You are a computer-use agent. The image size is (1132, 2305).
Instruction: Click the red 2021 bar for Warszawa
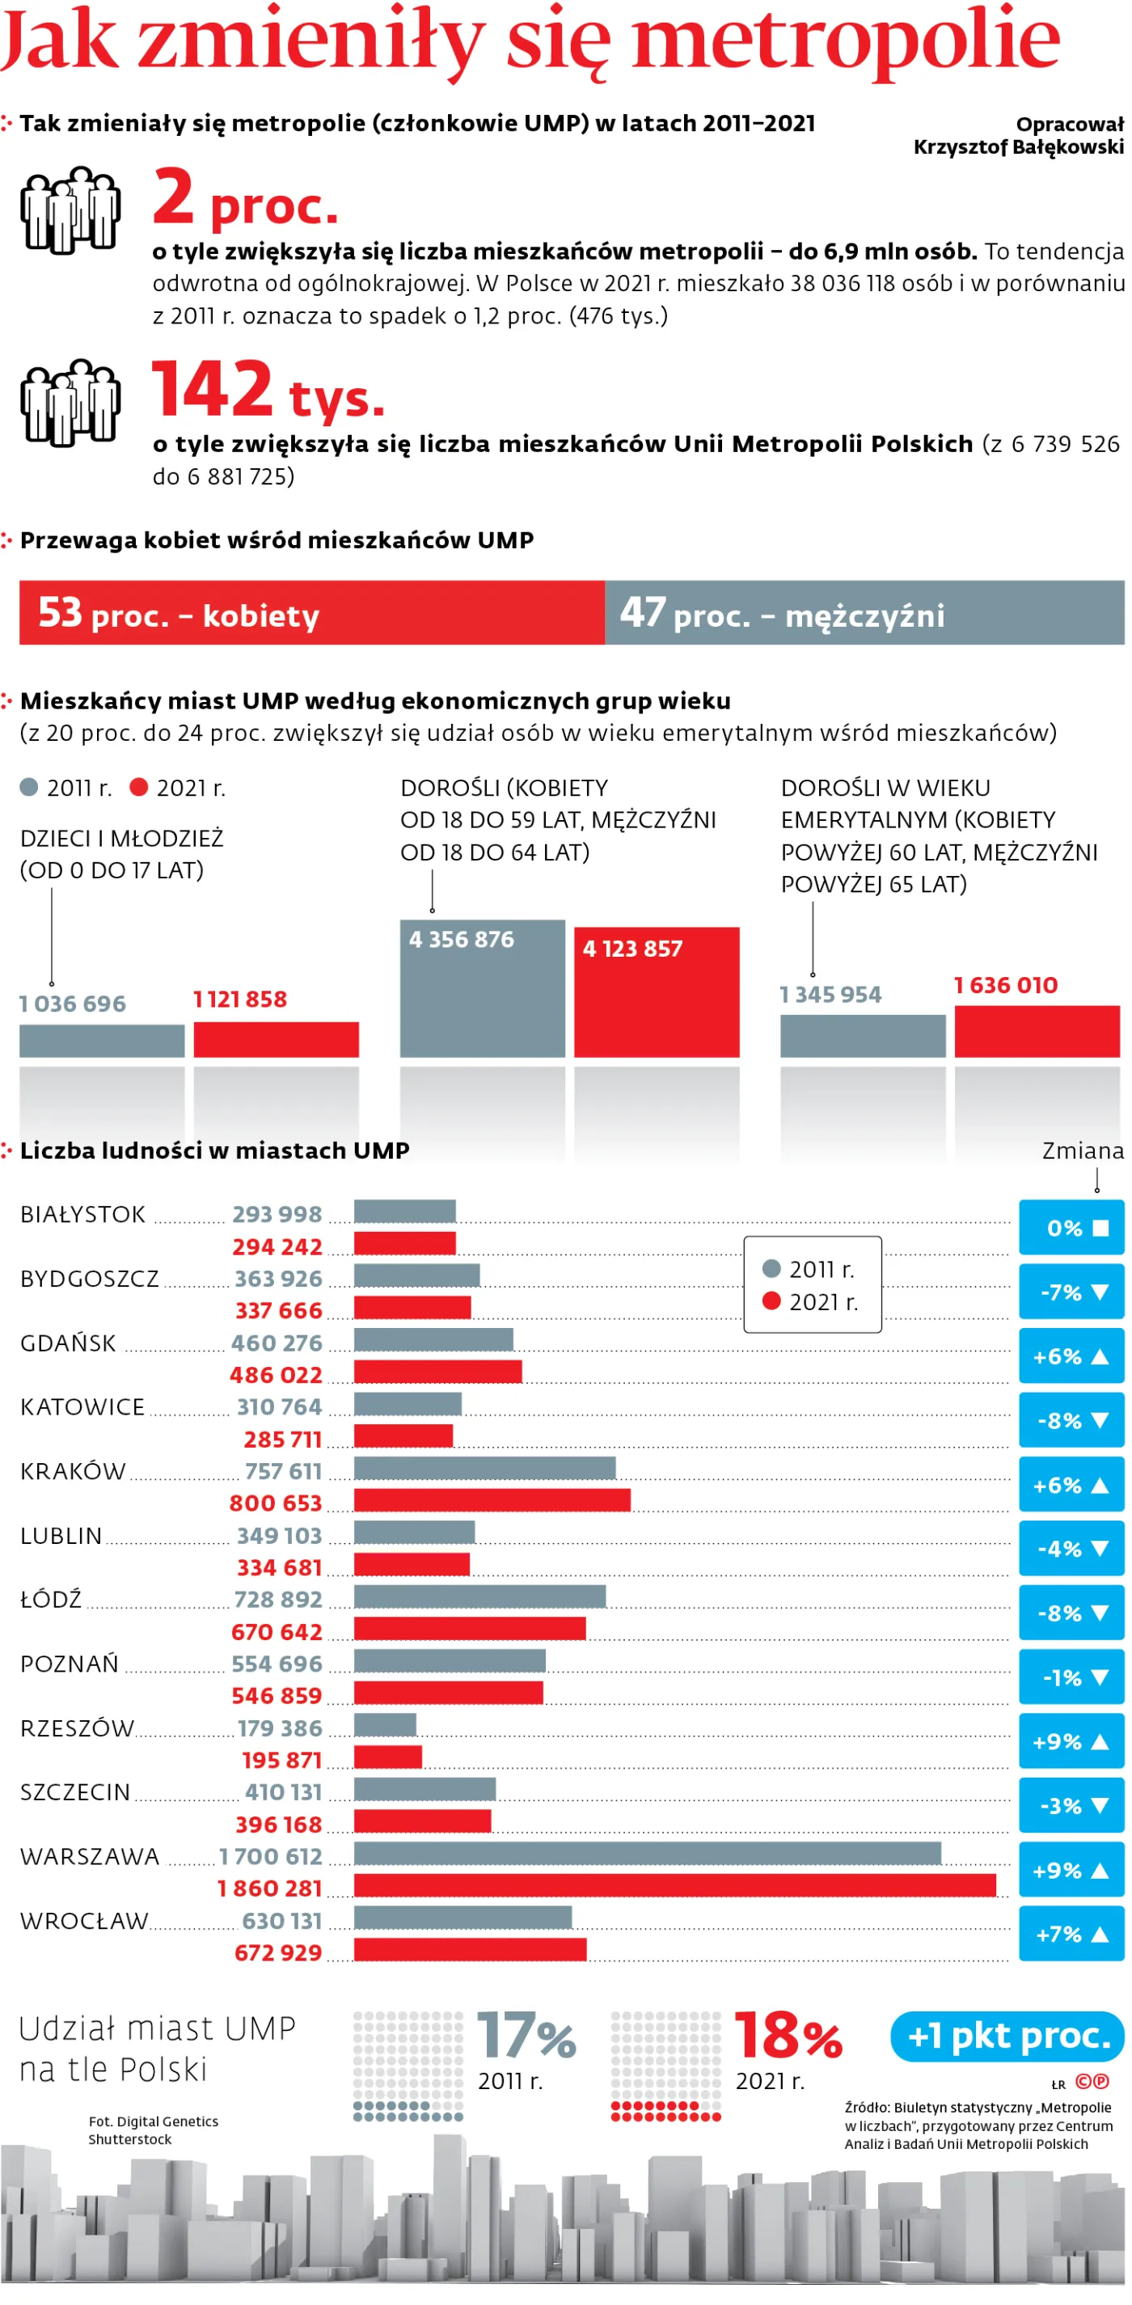tap(674, 1885)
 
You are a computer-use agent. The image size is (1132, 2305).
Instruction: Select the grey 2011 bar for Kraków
tap(485, 1467)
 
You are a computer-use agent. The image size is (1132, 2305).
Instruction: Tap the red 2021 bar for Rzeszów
tap(387, 1757)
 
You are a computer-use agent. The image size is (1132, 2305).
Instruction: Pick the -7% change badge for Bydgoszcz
tap(1071, 1291)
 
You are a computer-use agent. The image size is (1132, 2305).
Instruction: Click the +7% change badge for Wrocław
tap(1071, 1934)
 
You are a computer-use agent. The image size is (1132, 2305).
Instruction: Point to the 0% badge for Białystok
tap(1071, 1228)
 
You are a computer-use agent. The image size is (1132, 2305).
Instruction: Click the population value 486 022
tap(276, 1374)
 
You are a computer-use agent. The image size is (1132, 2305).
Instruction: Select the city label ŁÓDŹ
tap(51, 1598)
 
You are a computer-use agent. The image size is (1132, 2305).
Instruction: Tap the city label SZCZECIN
tap(75, 1791)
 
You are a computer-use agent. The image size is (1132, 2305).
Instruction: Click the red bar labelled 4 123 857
tap(657, 992)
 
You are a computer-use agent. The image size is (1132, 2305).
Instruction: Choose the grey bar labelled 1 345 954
tap(863, 1035)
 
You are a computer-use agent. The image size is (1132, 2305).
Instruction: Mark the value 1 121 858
tap(240, 999)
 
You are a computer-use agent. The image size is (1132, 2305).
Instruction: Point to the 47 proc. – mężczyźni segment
tap(864, 612)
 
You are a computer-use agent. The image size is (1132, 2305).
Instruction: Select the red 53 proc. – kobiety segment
tap(312, 612)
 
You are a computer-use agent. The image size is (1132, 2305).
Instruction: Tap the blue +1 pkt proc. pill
tap(1007, 2036)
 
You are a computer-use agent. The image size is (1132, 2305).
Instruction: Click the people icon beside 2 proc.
tap(70, 209)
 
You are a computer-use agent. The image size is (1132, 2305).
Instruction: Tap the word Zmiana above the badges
tap(1083, 1151)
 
